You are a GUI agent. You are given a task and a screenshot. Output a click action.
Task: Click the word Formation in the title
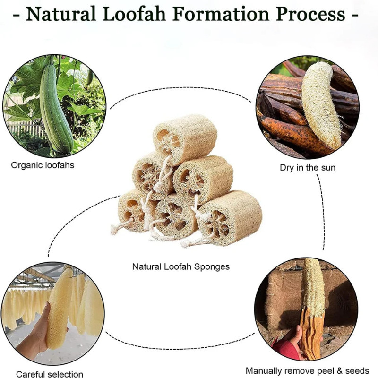click(221, 14)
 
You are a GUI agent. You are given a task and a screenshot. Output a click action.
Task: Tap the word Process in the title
click(311, 14)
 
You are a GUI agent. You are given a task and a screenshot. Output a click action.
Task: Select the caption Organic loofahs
click(43, 165)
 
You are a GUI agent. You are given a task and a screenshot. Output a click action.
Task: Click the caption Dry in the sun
click(308, 168)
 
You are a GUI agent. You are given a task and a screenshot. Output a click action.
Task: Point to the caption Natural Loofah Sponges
click(181, 267)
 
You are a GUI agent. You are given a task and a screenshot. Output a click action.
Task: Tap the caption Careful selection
click(50, 374)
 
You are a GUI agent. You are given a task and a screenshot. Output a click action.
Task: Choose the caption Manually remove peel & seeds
click(308, 370)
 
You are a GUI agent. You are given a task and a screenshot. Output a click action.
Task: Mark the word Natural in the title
click(60, 14)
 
